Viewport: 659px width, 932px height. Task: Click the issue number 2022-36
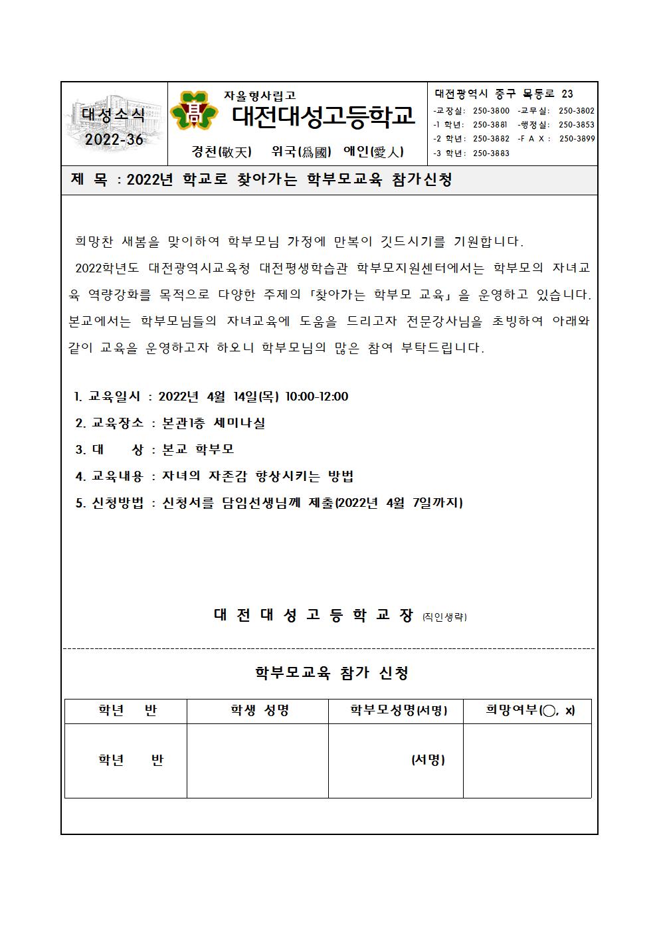point(114,139)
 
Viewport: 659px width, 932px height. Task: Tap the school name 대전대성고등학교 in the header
point(323,116)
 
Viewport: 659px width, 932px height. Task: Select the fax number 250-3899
point(577,139)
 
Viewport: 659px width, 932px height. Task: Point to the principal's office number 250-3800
point(491,111)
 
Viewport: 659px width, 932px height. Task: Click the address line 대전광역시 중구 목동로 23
point(504,94)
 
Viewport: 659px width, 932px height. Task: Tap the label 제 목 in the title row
point(88,179)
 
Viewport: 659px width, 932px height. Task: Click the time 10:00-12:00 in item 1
point(316,397)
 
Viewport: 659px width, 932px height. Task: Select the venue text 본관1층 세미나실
point(213,423)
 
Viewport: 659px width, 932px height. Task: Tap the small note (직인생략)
point(444,617)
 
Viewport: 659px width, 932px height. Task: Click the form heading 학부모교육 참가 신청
point(331,673)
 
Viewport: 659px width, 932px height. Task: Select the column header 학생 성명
point(259,711)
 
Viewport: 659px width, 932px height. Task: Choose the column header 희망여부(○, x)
point(529,711)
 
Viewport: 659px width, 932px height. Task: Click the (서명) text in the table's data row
point(428,760)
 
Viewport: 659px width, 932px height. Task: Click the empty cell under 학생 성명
point(258,761)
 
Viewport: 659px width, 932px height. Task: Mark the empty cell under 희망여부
point(527,761)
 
